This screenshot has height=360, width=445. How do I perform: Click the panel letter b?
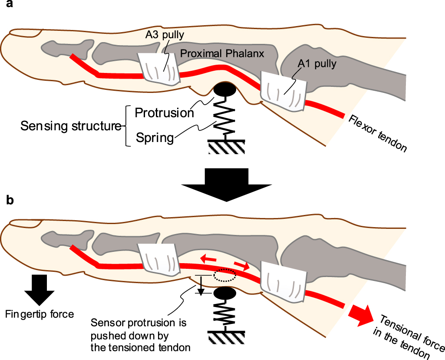click(10, 200)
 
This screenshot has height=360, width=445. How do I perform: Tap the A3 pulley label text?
click(165, 35)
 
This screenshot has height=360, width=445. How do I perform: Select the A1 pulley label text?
click(317, 64)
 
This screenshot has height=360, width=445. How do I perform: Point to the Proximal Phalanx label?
click(222, 53)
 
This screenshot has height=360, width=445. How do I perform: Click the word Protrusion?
click(164, 113)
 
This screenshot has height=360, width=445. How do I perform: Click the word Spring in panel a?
click(155, 138)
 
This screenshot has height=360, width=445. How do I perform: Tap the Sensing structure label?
click(71, 126)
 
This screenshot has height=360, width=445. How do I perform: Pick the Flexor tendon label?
click(377, 133)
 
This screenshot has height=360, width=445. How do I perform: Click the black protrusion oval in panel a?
click(224, 89)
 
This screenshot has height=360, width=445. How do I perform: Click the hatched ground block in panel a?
click(226, 147)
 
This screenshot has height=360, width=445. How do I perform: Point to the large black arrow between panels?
click(226, 185)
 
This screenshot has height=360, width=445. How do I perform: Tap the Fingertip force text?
click(40, 314)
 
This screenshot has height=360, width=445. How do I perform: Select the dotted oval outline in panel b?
click(225, 275)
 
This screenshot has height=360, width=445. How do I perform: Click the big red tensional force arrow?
click(363, 315)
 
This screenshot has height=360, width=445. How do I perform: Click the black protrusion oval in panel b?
click(225, 293)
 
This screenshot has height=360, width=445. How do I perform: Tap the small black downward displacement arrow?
click(201, 285)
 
